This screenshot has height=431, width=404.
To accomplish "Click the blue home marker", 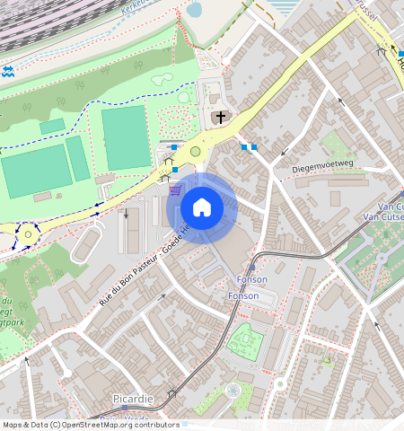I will tap(202, 207).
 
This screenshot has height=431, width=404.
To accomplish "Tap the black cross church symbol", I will tap(221, 118).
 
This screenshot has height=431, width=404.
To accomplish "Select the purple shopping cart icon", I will tap(176, 189).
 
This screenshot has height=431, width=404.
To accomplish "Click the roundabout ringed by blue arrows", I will tap(27, 234).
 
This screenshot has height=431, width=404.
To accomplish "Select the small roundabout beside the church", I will tap(196, 152).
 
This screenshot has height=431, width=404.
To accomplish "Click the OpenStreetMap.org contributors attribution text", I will tap(121, 425).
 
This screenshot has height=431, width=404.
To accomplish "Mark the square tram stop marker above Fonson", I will tap(252, 268).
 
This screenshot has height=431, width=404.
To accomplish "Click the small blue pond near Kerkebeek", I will tap(193, 10).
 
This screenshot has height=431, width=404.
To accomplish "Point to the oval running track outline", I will tap(87, 243).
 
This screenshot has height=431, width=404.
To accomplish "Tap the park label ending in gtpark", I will tap(13, 318).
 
